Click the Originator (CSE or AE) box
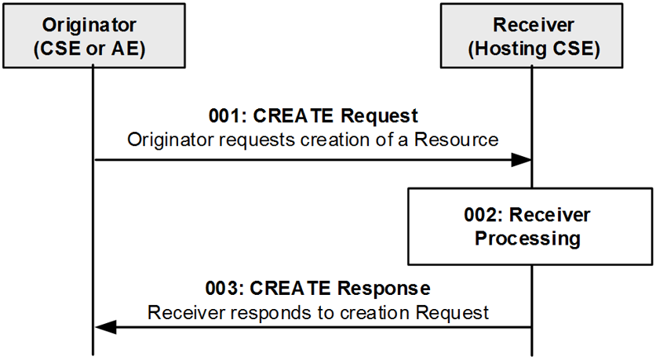(94, 36)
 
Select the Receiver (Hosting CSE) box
(531, 36)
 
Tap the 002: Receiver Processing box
(530, 227)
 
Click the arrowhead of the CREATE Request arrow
(521, 160)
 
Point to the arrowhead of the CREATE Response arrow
(105, 327)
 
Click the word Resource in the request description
(457, 140)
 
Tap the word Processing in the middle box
(527, 238)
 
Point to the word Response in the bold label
(384, 289)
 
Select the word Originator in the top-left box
(89, 25)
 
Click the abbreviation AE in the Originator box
(125, 49)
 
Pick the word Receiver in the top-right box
(534, 25)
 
